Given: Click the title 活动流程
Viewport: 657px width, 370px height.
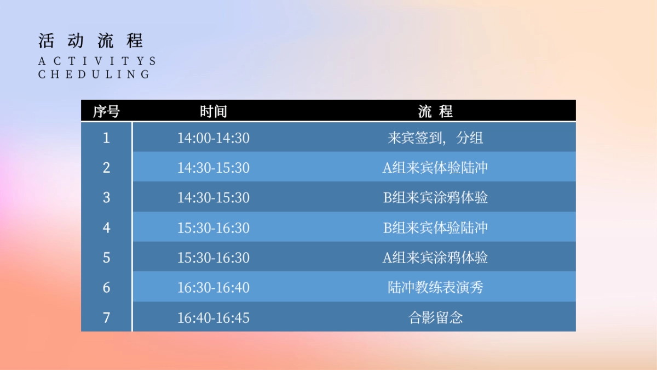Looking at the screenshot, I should click(x=91, y=41).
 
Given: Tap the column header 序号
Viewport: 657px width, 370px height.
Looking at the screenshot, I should click(x=106, y=111).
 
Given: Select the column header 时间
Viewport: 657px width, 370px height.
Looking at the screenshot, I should click(x=213, y=111).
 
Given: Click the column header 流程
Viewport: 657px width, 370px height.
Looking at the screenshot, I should click(x=435, y=111).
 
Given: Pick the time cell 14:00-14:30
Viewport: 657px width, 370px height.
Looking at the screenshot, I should click(x=213, y=138).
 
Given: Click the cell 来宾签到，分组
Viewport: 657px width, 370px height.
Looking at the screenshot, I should click(x=435, y=138).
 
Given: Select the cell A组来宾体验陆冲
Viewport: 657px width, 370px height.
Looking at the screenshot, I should click(x=435, y=167).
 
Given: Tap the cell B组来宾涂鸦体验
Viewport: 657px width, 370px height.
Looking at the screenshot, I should click(x=435, y=197).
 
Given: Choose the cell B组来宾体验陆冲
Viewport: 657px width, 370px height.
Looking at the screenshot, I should click(x=435, y=227).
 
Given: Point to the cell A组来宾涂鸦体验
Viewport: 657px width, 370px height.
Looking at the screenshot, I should click(x=435, y=257).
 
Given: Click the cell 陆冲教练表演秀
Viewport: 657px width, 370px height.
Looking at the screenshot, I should click(x=435, y=287).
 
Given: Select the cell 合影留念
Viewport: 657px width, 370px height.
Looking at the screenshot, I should click(x=435, y=317).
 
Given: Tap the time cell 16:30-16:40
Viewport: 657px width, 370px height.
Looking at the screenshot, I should click(x=213, y=287).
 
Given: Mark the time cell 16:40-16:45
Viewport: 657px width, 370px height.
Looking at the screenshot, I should click(x=213, y=317).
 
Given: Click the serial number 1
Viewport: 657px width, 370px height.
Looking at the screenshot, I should click(x=106, y=138).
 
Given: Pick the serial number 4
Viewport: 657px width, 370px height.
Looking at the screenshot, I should click(x=106, y=227).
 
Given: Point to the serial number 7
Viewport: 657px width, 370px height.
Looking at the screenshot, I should click(x=106, y=317).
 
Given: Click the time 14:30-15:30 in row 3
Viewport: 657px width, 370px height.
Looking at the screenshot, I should click(x=213, y=197).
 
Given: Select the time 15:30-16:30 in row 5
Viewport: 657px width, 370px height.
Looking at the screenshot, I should click(x=213, y=257).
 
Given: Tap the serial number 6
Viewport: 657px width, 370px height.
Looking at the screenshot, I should click(x=106, y=287).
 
